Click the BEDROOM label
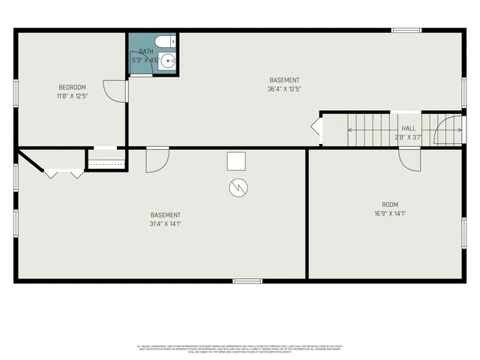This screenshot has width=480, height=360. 72,86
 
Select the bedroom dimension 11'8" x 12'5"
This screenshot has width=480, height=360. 72,95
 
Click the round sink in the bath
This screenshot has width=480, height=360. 168,61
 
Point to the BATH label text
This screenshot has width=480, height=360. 145,52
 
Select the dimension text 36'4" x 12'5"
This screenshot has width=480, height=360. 284,89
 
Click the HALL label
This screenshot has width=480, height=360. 408,128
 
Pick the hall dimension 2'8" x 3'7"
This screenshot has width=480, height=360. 408,137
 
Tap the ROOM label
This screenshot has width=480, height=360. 390,205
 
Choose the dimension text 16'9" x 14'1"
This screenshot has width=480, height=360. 390,214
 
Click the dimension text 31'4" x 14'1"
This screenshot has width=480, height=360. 165,223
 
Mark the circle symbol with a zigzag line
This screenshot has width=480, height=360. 237,187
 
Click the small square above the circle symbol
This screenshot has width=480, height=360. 236,161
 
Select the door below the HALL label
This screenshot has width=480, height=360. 409,158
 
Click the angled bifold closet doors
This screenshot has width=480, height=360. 64,173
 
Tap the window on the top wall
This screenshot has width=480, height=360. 406,30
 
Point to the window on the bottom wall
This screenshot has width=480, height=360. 247,281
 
